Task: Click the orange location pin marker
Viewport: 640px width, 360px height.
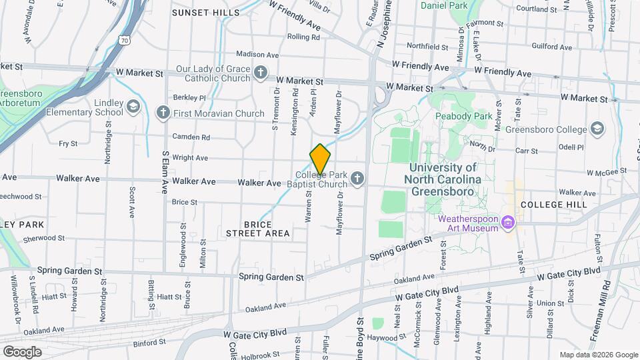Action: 320,159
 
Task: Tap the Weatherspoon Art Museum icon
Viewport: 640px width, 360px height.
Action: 508,221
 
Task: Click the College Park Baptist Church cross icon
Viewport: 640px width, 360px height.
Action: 357,177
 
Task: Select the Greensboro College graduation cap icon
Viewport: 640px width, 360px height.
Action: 597,129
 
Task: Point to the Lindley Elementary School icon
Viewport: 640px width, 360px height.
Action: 133,106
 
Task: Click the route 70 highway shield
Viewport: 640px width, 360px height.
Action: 125,41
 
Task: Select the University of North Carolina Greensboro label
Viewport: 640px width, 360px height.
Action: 443,179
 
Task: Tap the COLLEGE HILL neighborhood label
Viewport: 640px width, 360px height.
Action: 554,205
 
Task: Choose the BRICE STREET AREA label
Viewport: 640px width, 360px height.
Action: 257,229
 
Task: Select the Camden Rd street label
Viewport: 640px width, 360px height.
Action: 191,137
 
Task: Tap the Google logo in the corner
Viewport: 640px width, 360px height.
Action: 22,351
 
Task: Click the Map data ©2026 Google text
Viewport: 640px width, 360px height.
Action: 599,355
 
